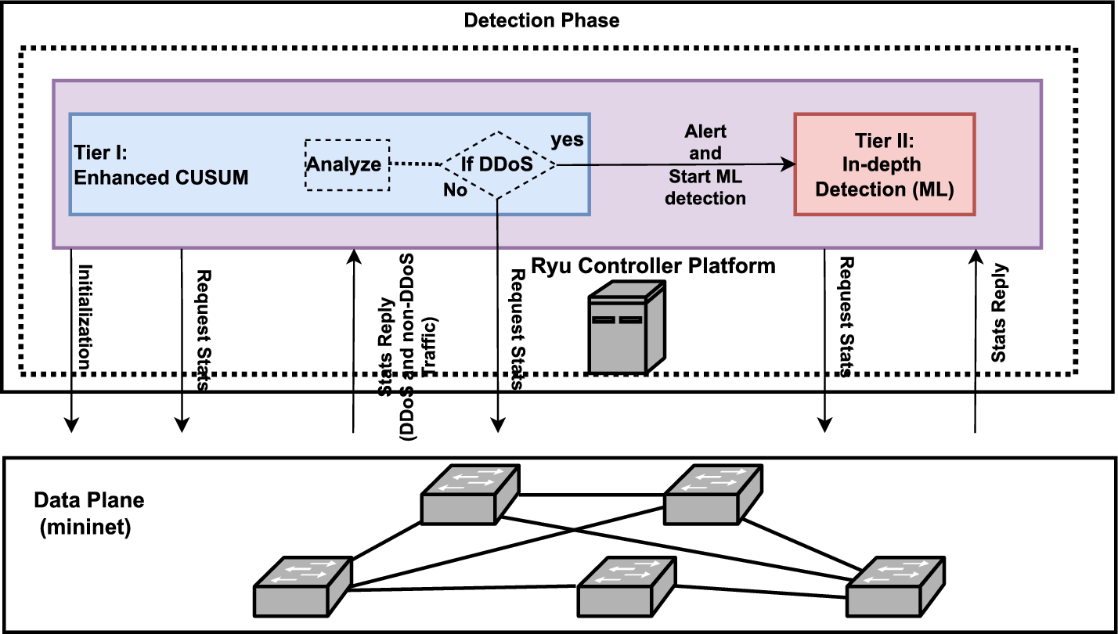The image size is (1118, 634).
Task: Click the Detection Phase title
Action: pyautogui.click(x=541, y=20)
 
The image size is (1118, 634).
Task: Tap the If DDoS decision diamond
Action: pyautogui.click(x=499, y=165)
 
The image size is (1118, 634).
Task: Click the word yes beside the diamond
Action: pyautogui.click(x=568, y=139)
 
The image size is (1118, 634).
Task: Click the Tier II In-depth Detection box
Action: pyautogui.click(x=885, y=164)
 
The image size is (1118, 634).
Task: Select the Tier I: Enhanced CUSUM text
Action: pyautogui.click(x=161, y=164)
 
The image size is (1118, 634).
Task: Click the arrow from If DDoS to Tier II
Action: pyautogui.click(x=673, y=164)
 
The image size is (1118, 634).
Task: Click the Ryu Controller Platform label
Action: pyautogui.click(x=653, y=266)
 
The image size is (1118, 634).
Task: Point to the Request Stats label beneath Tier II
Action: pyautogui.click(x=845, y=317)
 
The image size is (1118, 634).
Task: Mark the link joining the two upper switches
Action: pyautogui.click(x=591, y=495)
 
